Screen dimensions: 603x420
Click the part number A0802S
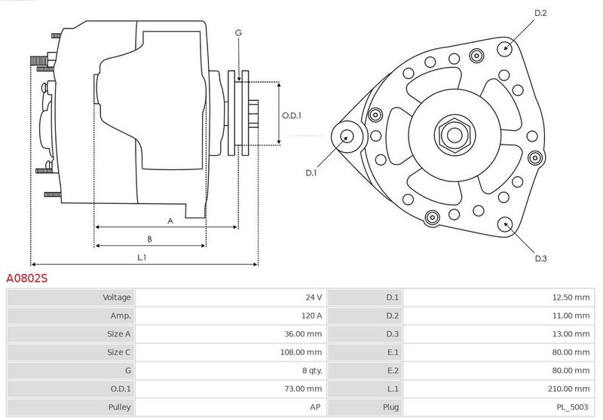click(x=27, y=278)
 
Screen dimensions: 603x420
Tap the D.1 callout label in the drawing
click(x=311, y=173)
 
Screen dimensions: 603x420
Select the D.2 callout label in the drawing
click(x=540, y=13)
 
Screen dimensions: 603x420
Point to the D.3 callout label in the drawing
click(x=540, y=258)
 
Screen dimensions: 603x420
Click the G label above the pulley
click(x=238, y=33)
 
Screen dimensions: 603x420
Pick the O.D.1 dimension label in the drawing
click(x=292, y=116)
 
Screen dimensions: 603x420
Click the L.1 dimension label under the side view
click(x=142, y=257)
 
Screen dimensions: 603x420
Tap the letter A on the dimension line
click(x=170, y=221)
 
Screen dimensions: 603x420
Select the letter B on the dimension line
click(x=149, y=239)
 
